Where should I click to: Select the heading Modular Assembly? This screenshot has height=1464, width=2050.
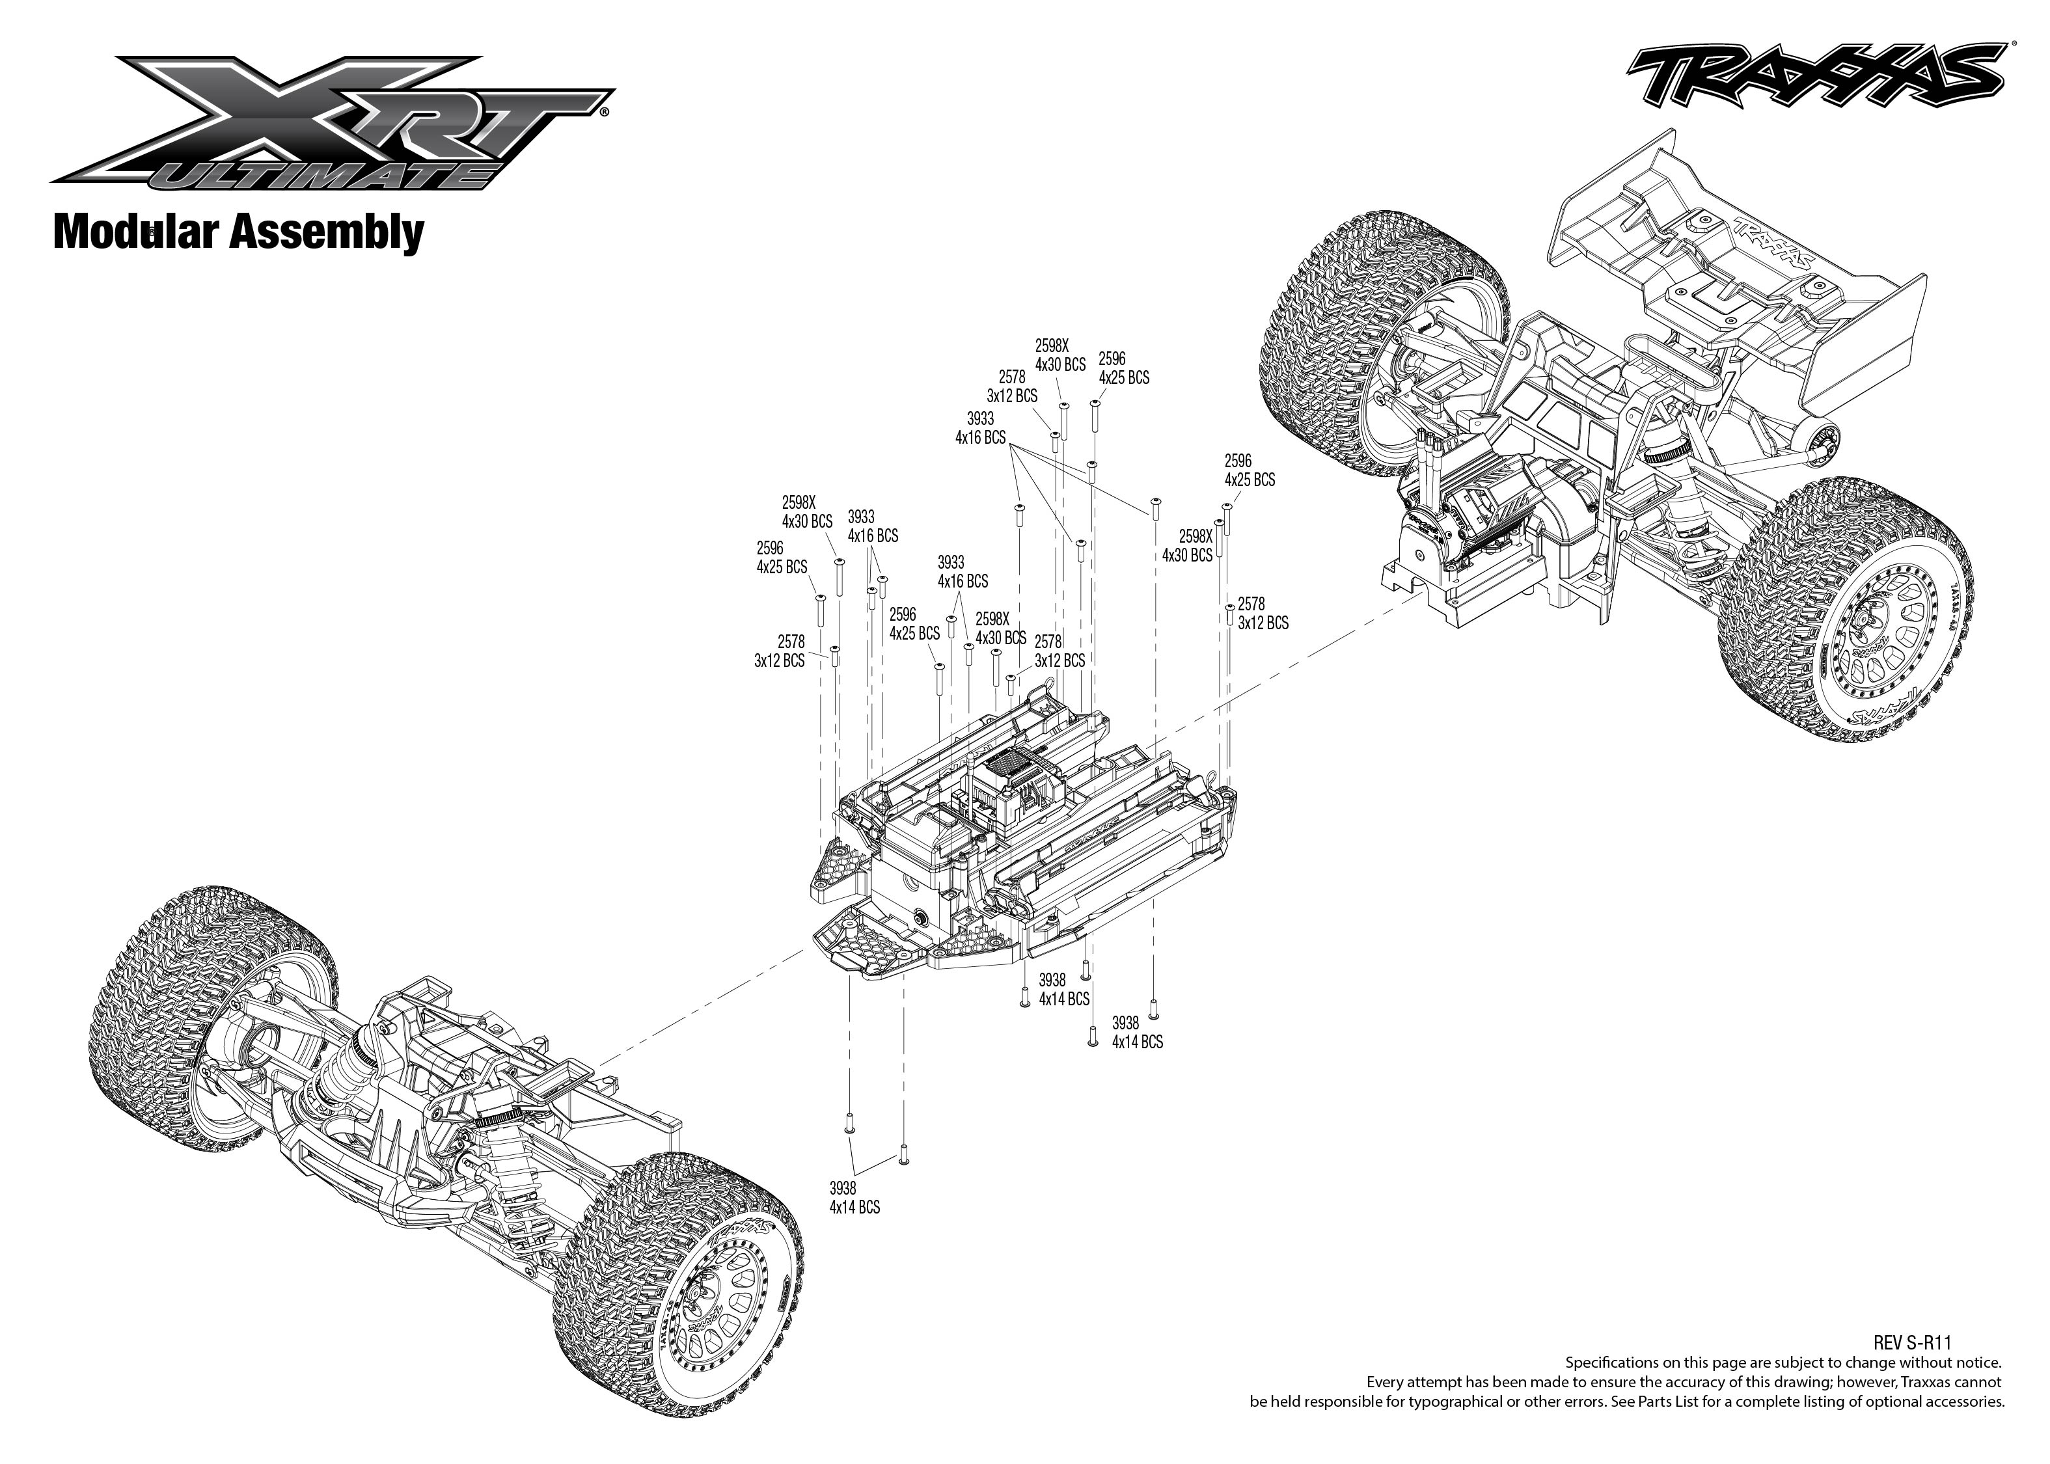coord(238,232)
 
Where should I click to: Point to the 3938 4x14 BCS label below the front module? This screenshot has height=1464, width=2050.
coord(854,1197)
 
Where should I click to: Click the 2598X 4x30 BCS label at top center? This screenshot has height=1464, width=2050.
coord(1059,355)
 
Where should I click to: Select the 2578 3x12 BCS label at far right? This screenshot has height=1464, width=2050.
coord(1262,613)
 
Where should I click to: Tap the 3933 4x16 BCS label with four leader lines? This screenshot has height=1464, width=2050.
coord(980,428)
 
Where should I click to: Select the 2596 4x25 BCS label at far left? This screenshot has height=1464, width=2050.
coord(781,557)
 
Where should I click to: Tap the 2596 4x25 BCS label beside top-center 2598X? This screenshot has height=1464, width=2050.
coord(1123,368)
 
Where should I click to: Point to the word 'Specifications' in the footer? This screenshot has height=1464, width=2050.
coord(1607,1362)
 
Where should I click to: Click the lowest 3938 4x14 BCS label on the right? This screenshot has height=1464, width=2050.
coord(1137,1032)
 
